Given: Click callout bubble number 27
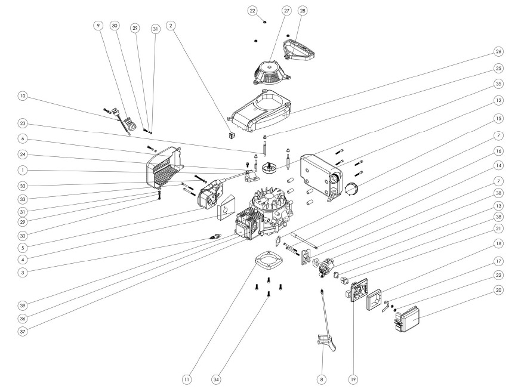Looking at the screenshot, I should [x=272, y=11].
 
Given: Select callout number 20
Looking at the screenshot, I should [x=498, y=291].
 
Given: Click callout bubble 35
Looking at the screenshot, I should [x=498, y=84].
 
